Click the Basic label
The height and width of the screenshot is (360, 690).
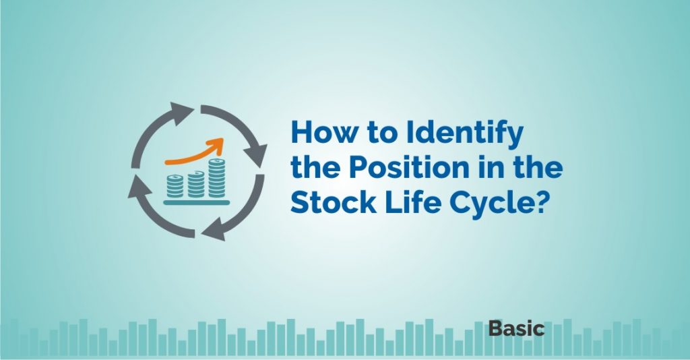pyautogui.click(x=516, y=328)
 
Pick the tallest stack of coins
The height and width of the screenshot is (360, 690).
pyautogui.click(x=216, y=178)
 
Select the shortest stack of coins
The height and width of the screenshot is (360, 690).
pyautogui.click(x=175, y=185)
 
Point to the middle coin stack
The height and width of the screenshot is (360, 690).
pyautogui.click(x=196, y=184)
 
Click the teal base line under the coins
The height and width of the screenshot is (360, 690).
pyautogui.click(x=196, y=202)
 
